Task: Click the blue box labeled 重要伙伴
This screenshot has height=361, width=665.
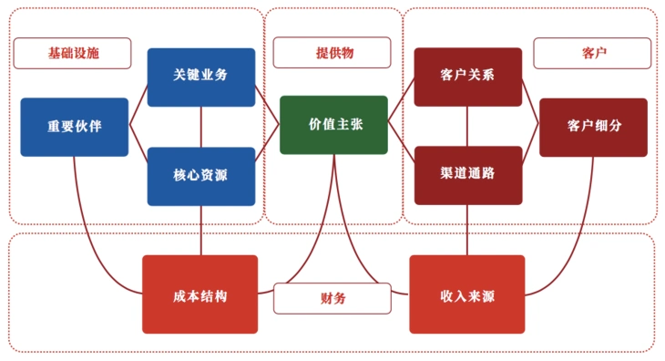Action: point(75,127)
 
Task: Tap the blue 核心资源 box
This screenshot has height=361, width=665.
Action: point(200,176)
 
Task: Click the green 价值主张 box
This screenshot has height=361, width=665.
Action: point(333,125)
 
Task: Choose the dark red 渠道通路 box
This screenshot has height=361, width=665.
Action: point(467,175)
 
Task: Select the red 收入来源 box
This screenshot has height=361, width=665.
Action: point(466,294)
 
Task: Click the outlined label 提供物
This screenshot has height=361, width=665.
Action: point(333,53)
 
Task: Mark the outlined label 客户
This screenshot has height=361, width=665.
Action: point(592,53)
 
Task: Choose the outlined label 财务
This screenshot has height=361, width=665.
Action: point(332,297)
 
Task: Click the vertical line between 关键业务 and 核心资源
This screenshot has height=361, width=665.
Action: point(200,127)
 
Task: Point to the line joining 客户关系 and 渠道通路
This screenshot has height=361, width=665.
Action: point(467,127)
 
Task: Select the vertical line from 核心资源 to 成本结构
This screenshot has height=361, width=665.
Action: point(200,230)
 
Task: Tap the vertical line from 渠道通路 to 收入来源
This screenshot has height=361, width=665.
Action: point(467,230)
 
